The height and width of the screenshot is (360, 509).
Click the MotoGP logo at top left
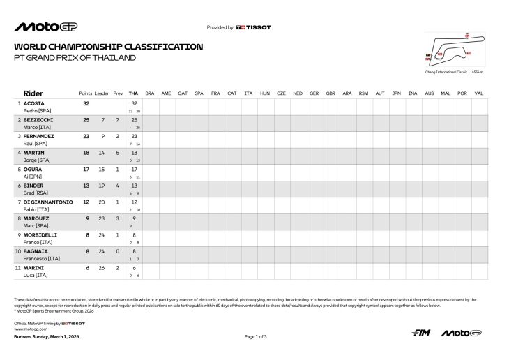(46, 27)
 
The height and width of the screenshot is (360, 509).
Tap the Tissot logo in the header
(254, 27)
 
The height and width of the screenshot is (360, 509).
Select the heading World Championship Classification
(109, 47)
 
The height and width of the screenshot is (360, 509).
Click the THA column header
(134, 93)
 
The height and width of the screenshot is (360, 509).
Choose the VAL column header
(478, 93)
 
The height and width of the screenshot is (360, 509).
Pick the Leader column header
(102, 93)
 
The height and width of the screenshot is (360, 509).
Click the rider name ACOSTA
(35, 103)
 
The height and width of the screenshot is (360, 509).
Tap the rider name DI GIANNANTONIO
(48, 202)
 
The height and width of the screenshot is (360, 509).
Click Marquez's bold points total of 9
(86, 218)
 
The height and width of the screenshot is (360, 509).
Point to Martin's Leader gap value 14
(102, 153)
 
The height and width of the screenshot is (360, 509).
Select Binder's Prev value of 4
(118, 186)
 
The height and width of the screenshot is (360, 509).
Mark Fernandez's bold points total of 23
(86, 137)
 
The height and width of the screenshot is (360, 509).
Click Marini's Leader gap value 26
(102, 267)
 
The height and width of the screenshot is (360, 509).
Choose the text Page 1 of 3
(255, 337)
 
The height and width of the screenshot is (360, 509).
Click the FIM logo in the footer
(421, 333)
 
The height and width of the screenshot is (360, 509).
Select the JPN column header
(396, 93)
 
